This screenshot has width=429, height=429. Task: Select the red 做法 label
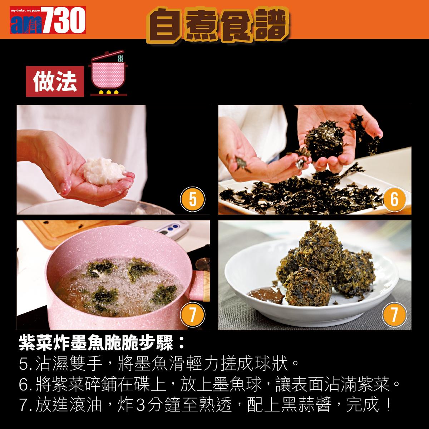tap(55, 82)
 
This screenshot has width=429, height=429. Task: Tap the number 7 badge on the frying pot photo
tap(192, 315)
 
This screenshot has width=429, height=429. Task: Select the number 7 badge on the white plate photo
tap(394, 315)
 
